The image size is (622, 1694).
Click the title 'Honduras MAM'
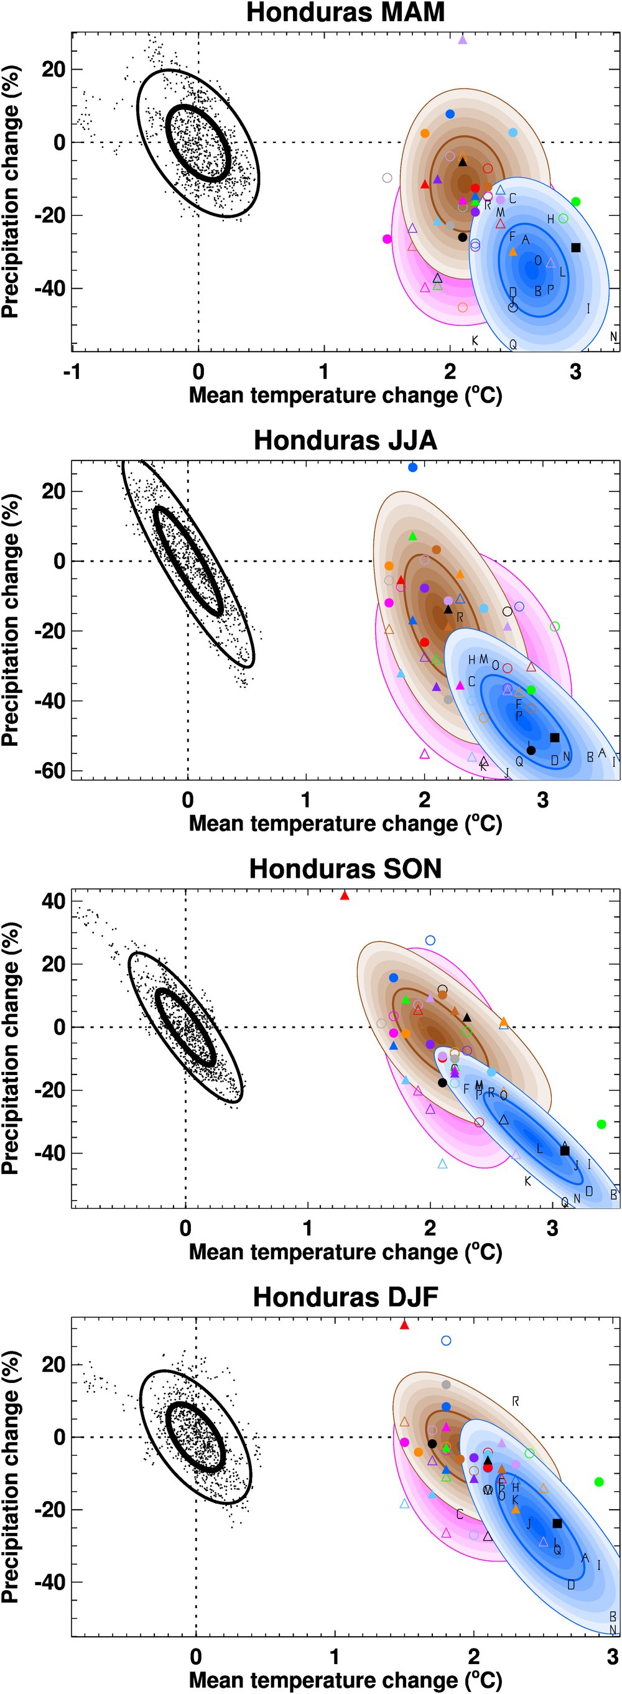(345, 12)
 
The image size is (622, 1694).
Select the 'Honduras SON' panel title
(345, 868)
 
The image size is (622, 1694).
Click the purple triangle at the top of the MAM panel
(463, 40)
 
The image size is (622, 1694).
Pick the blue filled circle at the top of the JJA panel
(413, 468)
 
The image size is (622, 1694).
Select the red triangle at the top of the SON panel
(345, 896)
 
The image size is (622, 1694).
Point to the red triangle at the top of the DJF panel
(404, 1324)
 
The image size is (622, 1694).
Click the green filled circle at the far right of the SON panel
(601, 1125)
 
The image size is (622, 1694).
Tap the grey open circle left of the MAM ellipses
(388, 178)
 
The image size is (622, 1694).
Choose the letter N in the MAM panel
(613, 337)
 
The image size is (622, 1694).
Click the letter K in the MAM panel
(475, 341)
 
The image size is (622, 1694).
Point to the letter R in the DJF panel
(516, 1402)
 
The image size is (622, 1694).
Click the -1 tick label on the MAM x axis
(72, 372)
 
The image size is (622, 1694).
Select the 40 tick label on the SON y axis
(53, 901)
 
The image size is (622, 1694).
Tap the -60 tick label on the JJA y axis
(50, 771)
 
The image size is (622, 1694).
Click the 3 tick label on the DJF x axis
(613, 1656)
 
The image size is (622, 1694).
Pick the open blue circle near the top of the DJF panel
(446, 1341)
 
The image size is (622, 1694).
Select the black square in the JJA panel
(554, 738)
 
